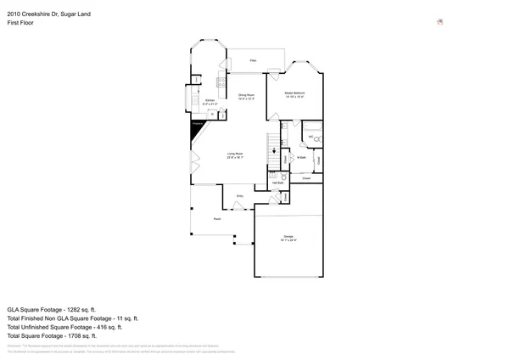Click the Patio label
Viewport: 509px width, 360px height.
pos(253,61)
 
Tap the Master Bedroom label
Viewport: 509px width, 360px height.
pos(294,93)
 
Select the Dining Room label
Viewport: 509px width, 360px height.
pos(246,95)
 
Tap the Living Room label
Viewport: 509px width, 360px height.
pos(235,155)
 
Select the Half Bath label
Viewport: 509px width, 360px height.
pos(277,181)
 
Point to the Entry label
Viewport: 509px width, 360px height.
pos(239,196)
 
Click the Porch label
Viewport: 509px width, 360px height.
pos(205,219)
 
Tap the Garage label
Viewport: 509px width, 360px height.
pos(288,236)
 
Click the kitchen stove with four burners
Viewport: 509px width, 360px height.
pos(220,82)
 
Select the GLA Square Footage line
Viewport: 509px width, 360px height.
pos(52,310)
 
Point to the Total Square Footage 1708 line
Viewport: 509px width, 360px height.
pos(53,335)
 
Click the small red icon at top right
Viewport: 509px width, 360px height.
pos(439,21)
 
